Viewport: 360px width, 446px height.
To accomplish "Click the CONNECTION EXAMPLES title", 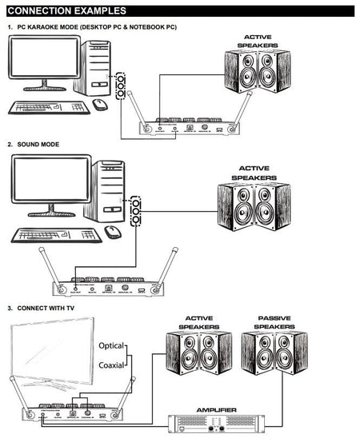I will pyautogui.click(x=66, y=11).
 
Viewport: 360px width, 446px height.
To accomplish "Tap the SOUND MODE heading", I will pyautogui.click(x=38, y=145).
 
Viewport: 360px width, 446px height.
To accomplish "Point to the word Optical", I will pyautogui.click(x=111, y=346).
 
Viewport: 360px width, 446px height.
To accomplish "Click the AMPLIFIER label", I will pyautogui.click(x=215, y=409).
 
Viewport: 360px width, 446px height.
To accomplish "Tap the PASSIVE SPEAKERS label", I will pyautogui.click(x=275, y=322).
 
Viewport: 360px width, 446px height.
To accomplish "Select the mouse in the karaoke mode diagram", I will pyautogui.click(x=100, y=105).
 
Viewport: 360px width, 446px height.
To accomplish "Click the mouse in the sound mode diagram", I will pyautogui.click(x=113, y=232).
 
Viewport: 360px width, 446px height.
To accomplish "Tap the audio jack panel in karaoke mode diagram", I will pyautogui.click(x=122, y=85).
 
